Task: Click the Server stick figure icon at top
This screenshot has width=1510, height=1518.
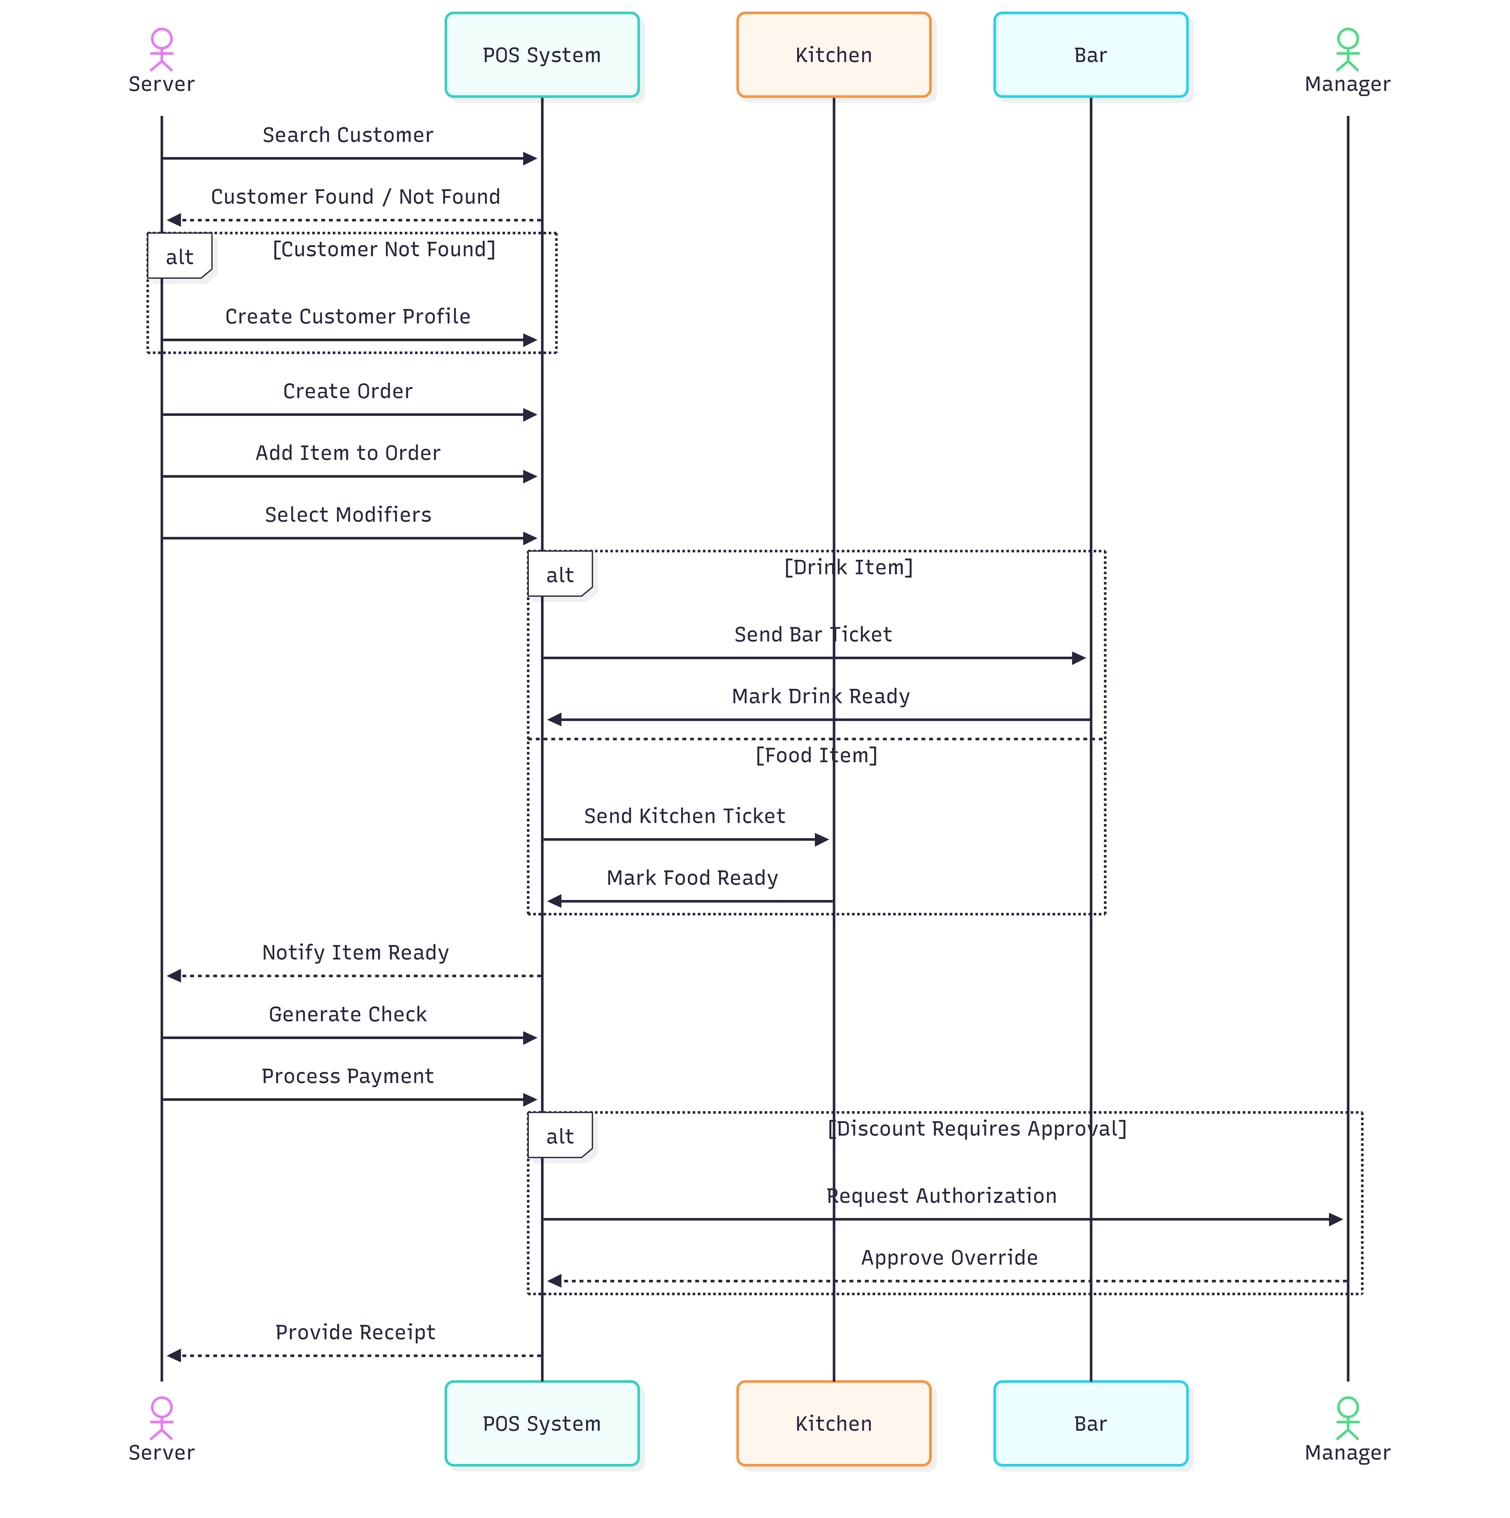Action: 162,49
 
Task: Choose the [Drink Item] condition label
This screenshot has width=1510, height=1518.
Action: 849,567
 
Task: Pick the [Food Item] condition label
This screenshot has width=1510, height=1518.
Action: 816,755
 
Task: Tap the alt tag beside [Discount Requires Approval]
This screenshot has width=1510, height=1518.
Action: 559,1136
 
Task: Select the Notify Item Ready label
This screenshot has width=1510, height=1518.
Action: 355,952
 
